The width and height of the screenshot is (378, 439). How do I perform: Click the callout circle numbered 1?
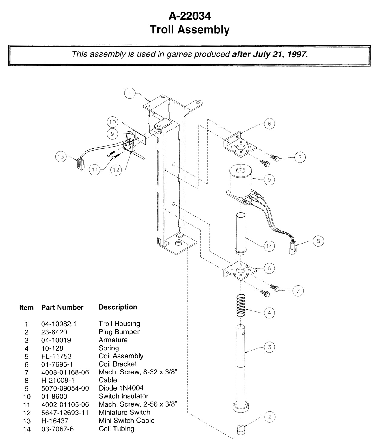(x=130, y=93)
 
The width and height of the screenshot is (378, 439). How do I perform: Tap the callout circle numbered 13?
(x=61, y=157)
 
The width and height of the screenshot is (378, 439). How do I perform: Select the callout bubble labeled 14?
(x=269, y=246)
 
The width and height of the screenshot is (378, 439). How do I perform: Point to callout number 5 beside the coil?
(x=269, y=180)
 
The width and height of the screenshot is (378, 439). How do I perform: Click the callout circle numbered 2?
(x=270, y=417)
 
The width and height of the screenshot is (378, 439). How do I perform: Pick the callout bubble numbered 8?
(x=318, y=241)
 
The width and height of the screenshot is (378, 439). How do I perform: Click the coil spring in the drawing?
(x=241, y=306)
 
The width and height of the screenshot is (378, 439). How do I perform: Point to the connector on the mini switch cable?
(x=81, y=165)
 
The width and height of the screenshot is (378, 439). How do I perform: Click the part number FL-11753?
(x=56, y=356)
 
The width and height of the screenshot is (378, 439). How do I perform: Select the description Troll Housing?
(x=119, y=324)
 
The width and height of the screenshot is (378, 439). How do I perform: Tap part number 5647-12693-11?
(x=65, y=413)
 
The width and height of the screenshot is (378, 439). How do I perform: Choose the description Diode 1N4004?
(x=121, y=388)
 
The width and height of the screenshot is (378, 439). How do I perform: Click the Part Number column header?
(x=62, y=307)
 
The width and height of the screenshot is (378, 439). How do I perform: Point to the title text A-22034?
(x=190, y=16)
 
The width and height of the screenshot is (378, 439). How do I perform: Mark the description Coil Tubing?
(x=117, y=429)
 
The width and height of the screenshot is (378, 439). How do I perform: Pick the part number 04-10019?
(x=56, y=340)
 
